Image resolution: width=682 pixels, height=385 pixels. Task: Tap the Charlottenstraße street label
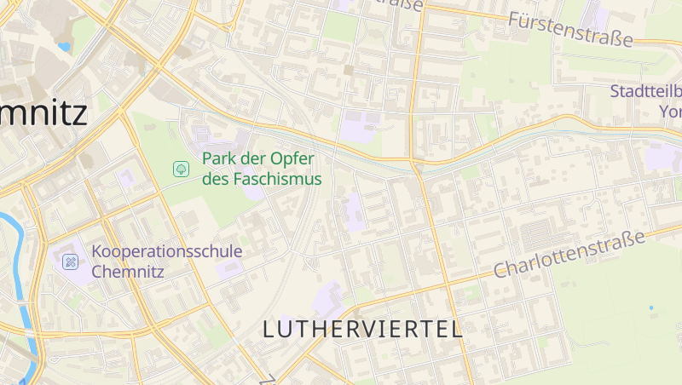click(570, 254)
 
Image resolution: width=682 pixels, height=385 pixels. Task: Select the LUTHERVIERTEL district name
click(362, 329)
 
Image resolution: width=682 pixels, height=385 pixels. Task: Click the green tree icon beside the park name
click(181, 169)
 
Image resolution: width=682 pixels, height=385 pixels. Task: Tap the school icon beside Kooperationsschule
click(71, 261)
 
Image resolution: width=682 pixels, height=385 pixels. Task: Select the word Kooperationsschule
click(167, 251)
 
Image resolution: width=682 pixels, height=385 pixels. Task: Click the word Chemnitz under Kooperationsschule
click(127, 272)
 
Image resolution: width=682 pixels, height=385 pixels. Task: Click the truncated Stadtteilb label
click(644, 92)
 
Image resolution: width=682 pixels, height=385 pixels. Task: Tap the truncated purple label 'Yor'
click(670, 112)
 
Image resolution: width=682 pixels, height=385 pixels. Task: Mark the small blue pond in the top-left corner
click(64, 47)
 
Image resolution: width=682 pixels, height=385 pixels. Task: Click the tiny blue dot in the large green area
click(650, 307)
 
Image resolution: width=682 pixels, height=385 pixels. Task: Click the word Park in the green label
click(217, 159)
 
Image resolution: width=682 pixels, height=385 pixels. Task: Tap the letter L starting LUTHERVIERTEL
click(269, 329)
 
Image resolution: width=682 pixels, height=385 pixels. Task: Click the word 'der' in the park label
click(252, 159)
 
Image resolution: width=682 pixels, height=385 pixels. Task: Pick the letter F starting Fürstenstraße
click(514, 18)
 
